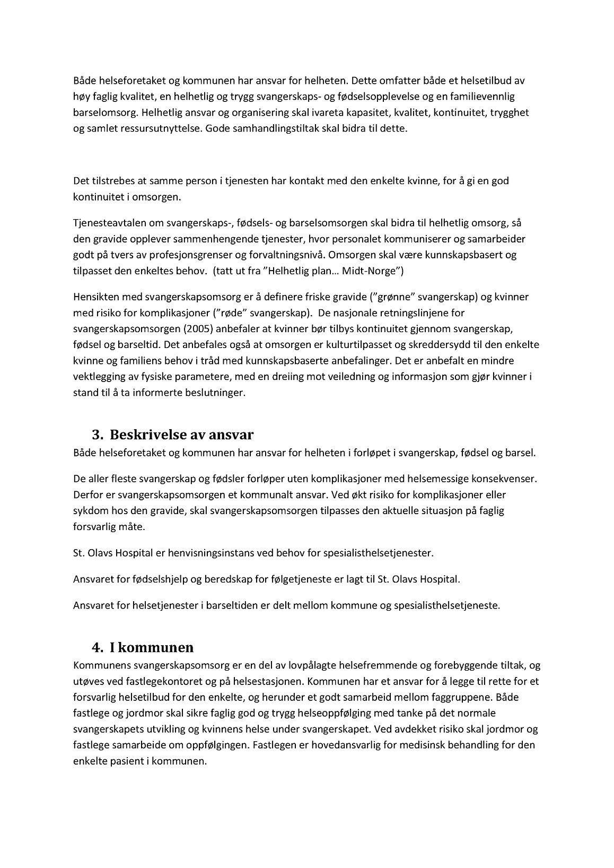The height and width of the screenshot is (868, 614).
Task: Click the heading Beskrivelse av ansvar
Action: pyautogui.click(x=181, y=435)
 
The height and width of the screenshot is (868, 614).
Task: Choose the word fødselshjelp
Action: pyautogui.click(x=161, y=579)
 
